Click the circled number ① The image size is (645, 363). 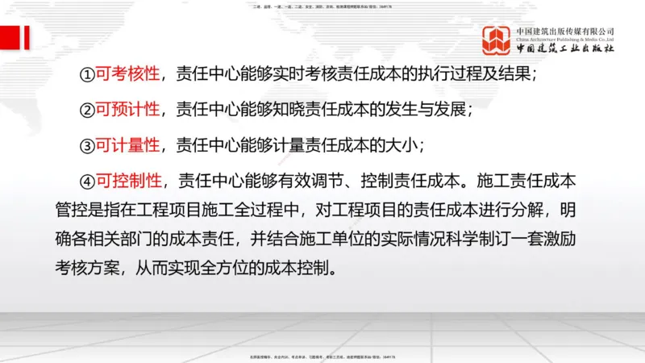87,74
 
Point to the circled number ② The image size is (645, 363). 87,110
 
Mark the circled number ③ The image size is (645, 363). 87,145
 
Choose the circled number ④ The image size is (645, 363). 88,180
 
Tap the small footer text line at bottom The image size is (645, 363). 322,356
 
